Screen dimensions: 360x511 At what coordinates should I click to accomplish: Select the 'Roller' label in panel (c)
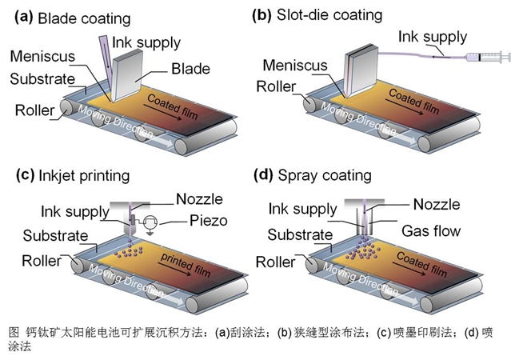click(34, 262)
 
